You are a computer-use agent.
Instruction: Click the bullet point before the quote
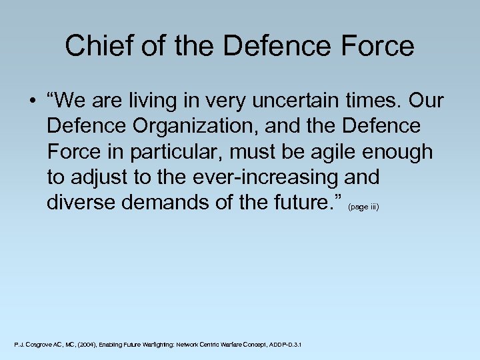click(31, 101)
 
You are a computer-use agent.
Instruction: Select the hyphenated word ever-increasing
click(266, 177)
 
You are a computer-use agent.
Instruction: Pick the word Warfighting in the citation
click(153, 344)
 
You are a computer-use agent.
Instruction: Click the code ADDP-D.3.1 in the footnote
click(285, 344)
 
